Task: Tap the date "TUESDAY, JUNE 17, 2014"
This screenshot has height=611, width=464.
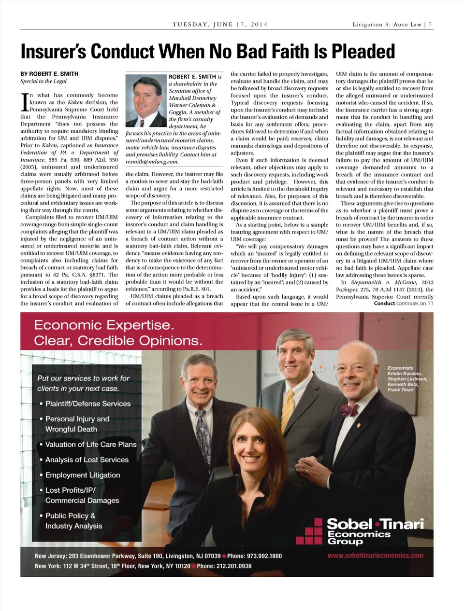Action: point(220,24)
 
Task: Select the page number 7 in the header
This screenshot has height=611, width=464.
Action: point(430,24)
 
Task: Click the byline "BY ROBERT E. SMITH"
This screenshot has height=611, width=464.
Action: point(49,74)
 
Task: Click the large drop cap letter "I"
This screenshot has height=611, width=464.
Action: point(24,102)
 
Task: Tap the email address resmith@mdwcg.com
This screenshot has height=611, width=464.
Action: point(152,162)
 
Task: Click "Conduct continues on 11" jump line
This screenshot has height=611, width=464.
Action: point(404,304)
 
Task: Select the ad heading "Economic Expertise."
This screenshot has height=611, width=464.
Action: point(103,325)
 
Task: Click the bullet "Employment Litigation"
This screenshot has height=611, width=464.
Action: point(83,475)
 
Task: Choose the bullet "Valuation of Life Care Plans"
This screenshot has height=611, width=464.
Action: point(91,444)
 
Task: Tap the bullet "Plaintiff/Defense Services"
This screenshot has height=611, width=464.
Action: point(88,403)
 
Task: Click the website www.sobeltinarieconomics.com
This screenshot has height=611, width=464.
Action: point(375,555)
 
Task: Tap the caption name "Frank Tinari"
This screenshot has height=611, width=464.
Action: point(401,389)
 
